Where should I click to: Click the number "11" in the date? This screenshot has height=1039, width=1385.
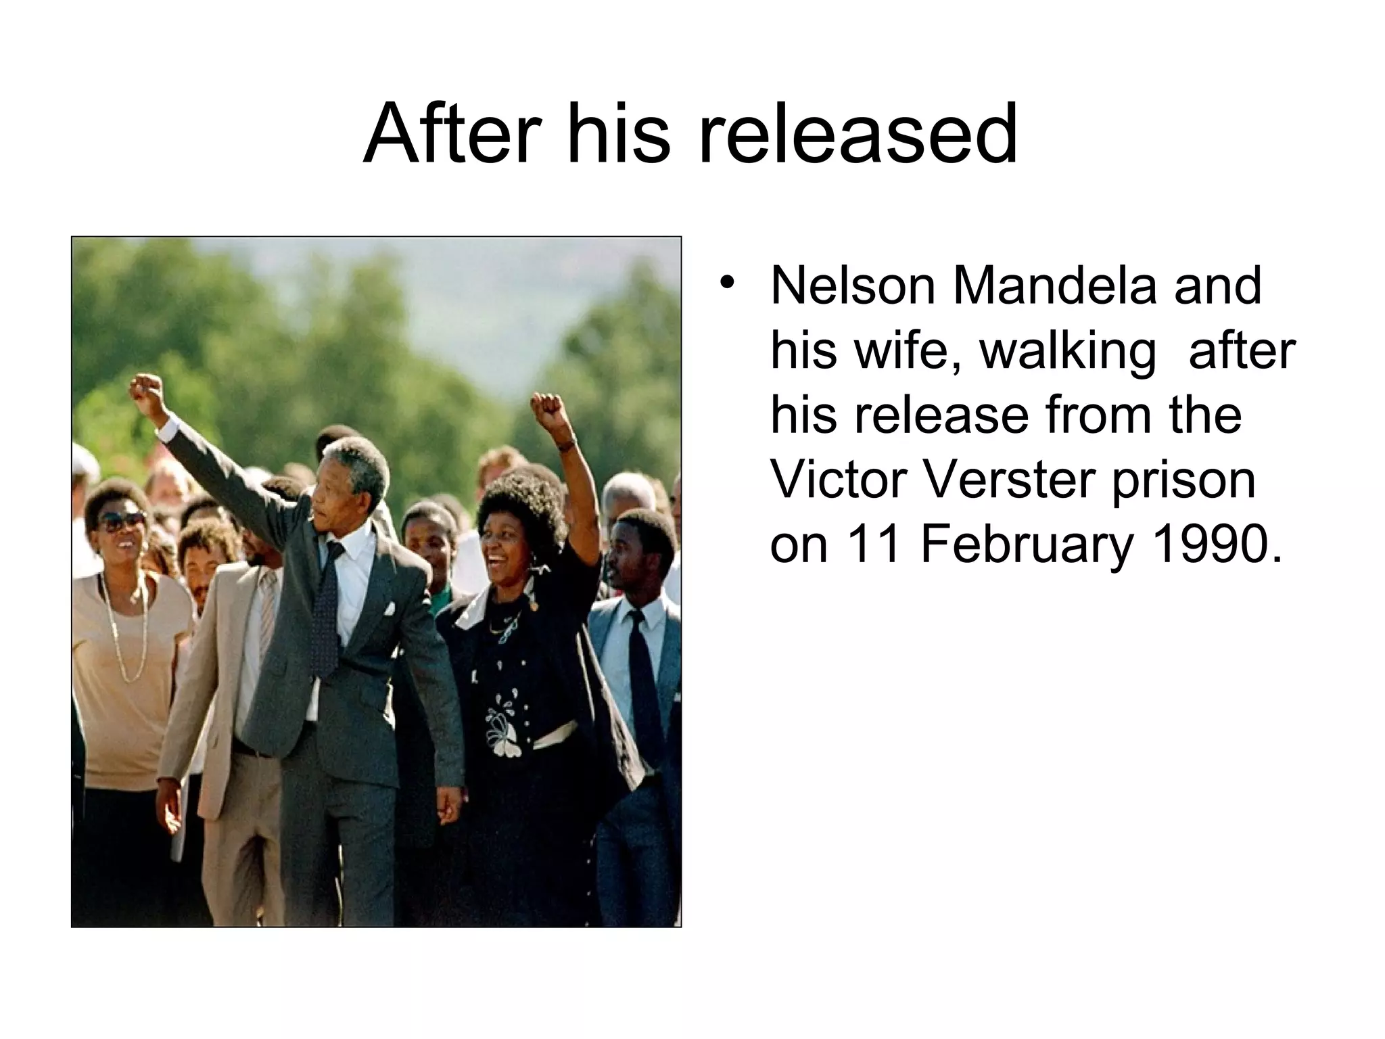(x=872, y=544)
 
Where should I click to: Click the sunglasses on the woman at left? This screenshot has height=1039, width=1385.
(x=122, y=521)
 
